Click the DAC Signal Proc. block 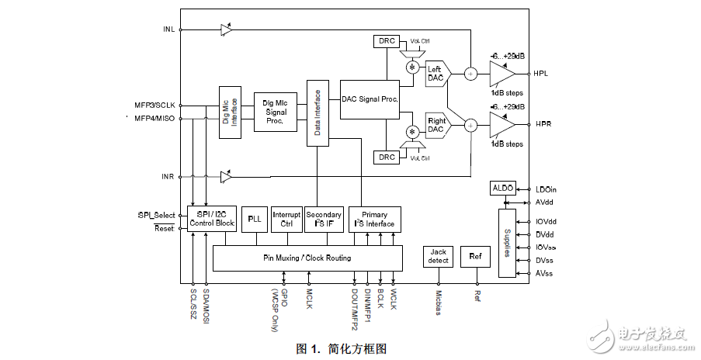coord(370,99)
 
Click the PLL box coord(254,220)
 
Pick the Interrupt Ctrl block coord(286,220)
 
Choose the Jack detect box coord(439,256)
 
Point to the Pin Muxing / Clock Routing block coord(307,258)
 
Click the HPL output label coord(542,74)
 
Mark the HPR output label coord(542,124)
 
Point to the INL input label coord(168,29)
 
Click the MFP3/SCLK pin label coord(155,105)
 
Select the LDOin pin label coord(547,189)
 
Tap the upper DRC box coord(386,40)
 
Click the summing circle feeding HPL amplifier coord(470,74)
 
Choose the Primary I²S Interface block coord(375,220)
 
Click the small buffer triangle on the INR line coord(225,177)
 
